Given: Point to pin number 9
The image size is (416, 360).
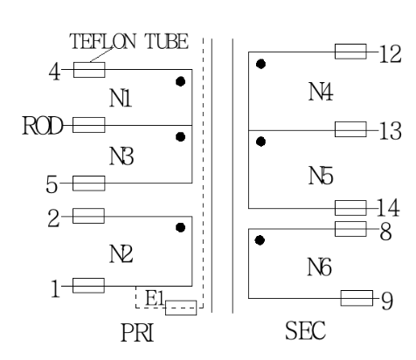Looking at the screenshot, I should (386, 300).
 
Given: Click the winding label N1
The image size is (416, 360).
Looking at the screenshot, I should (121, 100).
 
